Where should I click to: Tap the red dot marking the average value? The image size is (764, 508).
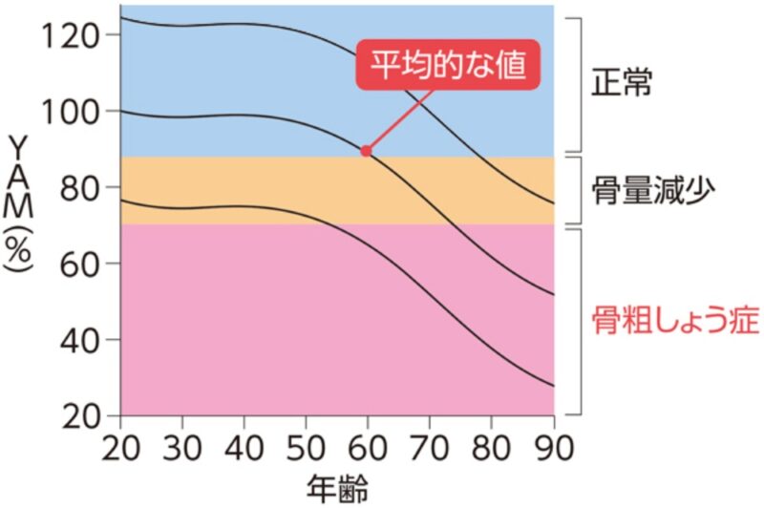pyautogui.click(x=366, y=151)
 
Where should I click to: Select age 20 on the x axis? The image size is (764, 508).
pyautogui.click(x=120, y=447)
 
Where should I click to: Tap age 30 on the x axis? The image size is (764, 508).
pyautogui.click(x=182, y=447)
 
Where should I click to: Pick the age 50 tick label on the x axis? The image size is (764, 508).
pyautogui.click(x=307, y=447)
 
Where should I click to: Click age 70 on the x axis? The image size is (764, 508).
pyautogui.click(x=430, y=447)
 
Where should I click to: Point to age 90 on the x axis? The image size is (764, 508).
pyautogui.click(x=554, y=447)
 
